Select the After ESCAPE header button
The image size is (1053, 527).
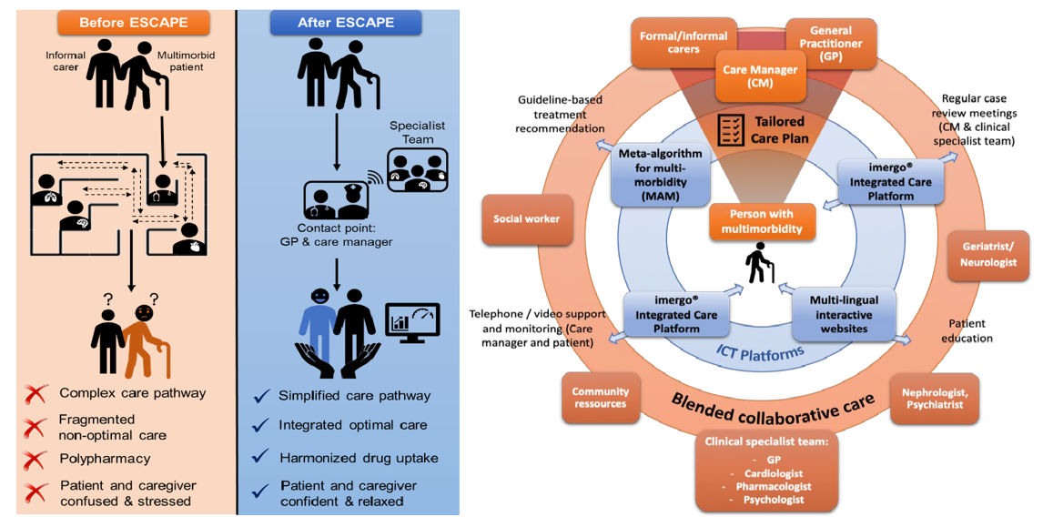tap(346, 22)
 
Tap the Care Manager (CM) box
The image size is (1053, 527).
tap(760, 76)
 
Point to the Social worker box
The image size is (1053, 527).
tap(527, 219)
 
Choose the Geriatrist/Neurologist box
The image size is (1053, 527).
tap(988, 256)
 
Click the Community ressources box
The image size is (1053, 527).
tap(601, 398)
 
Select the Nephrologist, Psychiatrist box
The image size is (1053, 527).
tap(934, 399)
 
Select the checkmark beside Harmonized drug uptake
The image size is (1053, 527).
tap(262, 457)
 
